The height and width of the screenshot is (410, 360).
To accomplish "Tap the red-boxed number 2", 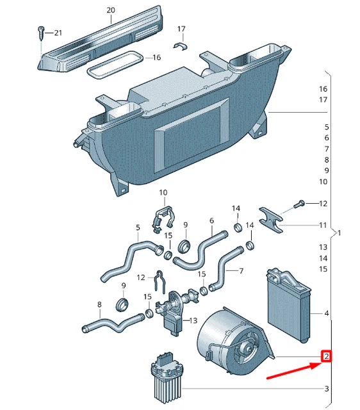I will (326, 356).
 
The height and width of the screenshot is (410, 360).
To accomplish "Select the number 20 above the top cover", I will (110, 10).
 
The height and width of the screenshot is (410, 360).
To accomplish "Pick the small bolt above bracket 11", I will (297, 204).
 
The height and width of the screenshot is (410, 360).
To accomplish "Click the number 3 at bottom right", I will (326, 388).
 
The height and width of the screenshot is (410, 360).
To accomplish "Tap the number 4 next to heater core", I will (326, 313).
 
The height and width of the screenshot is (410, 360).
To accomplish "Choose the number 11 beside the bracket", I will (323, 225).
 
